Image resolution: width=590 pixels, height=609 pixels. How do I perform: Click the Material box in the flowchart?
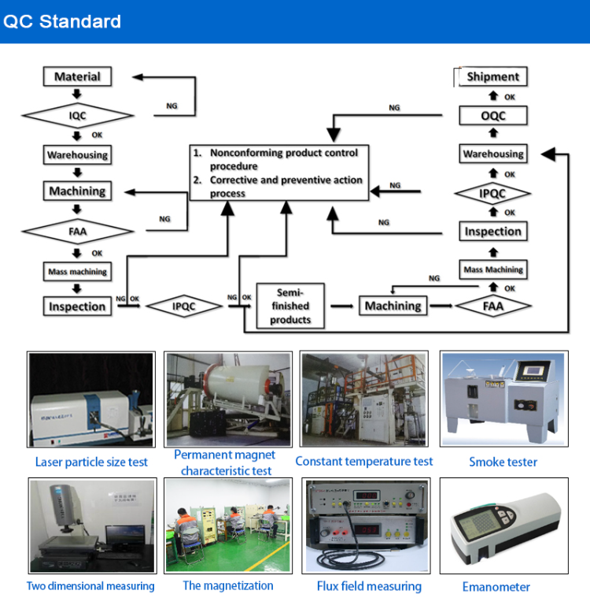tap(77, 76)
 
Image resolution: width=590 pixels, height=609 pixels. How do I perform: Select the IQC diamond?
tap(77, 117)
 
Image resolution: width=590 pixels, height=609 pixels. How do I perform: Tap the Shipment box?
tap(492, 76)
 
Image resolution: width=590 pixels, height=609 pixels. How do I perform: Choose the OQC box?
tap(492, 116)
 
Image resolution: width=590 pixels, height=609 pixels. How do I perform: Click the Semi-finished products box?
tap(290, 306)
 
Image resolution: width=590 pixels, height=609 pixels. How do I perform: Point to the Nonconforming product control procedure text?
tap(282, 159)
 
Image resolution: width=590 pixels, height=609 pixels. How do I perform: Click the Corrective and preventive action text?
tap(284, 187)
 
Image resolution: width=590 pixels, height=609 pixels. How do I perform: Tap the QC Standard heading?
tap(62, 21)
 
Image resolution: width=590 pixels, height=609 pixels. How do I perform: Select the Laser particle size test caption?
tap(91, 462)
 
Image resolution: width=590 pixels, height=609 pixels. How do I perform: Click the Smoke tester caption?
tap(503, 462)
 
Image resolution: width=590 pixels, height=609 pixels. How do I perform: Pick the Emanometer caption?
tap(496, 587)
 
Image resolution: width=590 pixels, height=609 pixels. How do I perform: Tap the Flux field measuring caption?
tap(369, 586)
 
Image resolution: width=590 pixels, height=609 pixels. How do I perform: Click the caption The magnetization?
tap(228, 585)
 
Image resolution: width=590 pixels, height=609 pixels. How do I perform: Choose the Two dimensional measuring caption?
tap(90, 586)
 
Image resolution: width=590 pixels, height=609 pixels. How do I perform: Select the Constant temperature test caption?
tap(364, 462)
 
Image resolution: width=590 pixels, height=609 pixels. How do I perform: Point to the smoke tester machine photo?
tap(502, 399)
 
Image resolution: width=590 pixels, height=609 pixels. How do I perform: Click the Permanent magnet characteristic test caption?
tap(225, 462)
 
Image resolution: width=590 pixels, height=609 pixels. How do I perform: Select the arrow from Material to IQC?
tap(77, 95)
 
